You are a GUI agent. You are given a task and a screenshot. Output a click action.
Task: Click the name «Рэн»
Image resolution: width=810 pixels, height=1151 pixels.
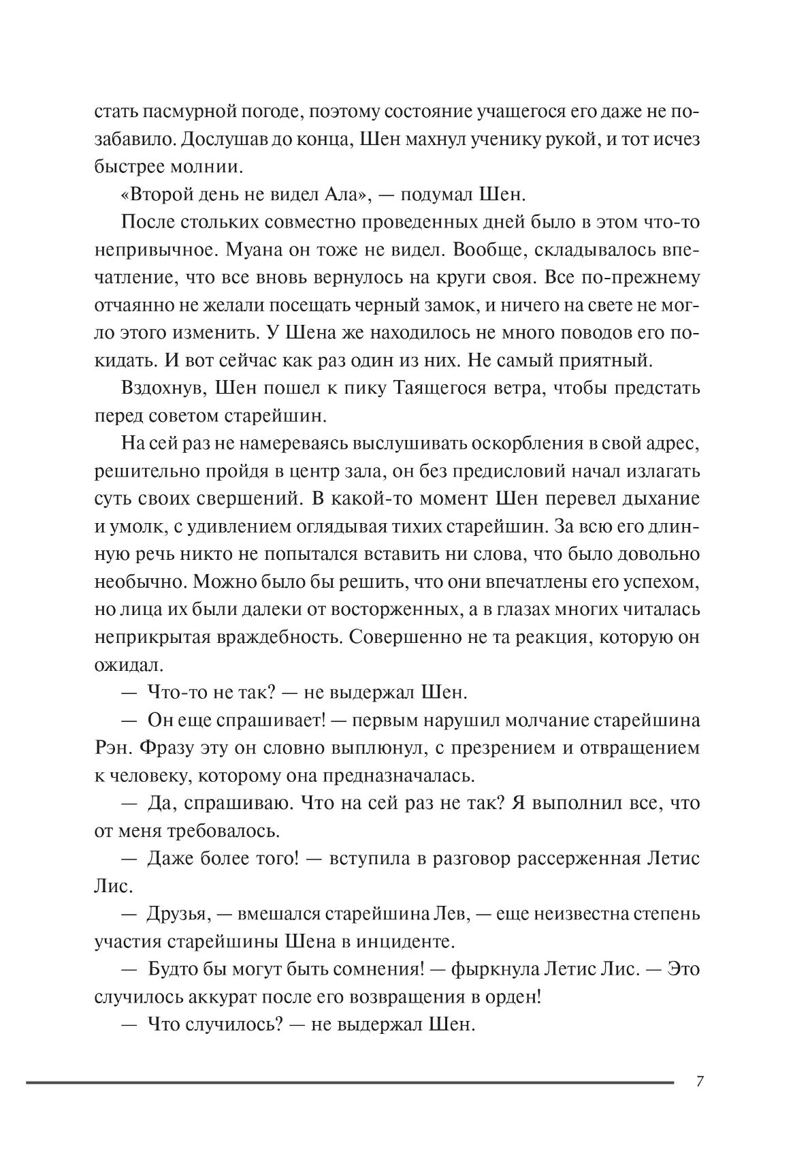pos(112,748)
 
